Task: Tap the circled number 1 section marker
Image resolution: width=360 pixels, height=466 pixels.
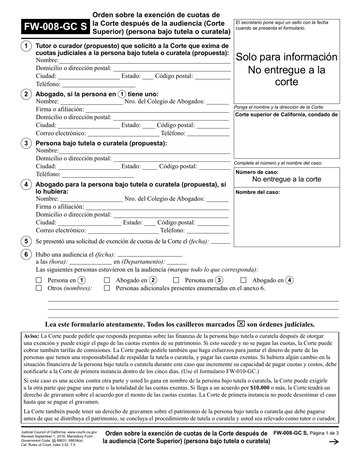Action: coord(26,46)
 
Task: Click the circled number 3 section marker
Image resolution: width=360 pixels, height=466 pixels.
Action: coord(26,143)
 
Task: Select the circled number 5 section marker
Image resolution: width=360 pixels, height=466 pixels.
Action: coord(26,241)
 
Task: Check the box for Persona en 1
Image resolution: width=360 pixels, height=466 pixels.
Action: coord(38,281)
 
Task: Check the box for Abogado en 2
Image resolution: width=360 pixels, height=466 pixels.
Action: coord(107,281)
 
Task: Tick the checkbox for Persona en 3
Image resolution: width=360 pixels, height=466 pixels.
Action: coord(176,281)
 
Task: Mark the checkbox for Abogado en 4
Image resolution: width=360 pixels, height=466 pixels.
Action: coord(244,281)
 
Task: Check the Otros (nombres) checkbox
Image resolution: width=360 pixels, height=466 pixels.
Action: coord(38,288)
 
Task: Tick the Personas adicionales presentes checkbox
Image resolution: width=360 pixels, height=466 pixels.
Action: coord(107,288)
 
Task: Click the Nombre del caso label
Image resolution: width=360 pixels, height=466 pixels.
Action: coord(258,192)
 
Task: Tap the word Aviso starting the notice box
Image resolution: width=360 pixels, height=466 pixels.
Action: coord(31,336)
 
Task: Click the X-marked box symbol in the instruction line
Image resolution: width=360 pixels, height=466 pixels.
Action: coord(241,324)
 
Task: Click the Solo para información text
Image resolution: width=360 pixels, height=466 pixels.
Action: coord(286,57)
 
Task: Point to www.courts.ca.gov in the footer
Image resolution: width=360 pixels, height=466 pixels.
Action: coord(82,432)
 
